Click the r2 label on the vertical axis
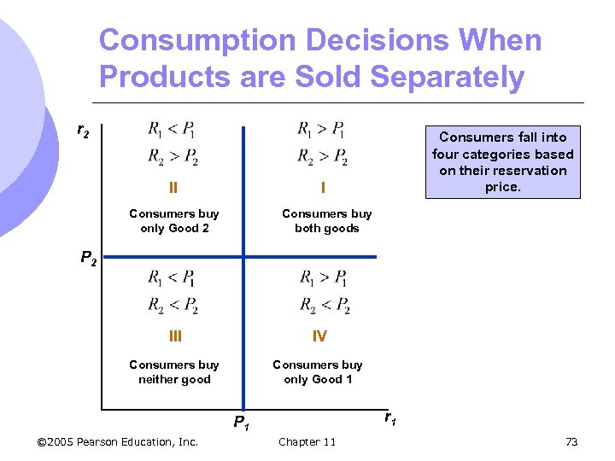[83, 131]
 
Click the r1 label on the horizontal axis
[389, 417]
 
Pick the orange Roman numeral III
[174, 336]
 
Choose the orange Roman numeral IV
[319, 336]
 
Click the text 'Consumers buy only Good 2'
[174, 221]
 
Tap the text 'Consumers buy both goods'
[326, 221]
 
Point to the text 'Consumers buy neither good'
[174, 372]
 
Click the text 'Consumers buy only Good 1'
[317, 372]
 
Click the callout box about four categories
[502, 162]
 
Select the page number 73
[571, 441]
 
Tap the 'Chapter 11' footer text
[307, 441]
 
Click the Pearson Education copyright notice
[119, 441]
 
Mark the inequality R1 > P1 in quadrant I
[320, 130]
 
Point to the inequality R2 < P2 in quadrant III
[173, 305]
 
